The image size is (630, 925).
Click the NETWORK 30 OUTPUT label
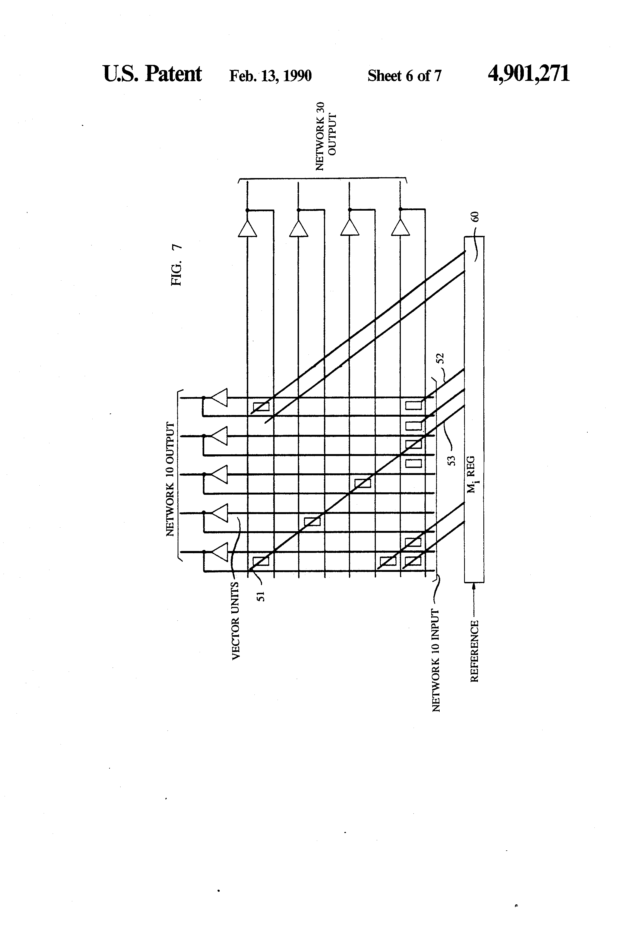point(326,136)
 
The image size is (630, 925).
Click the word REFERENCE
point(474,651)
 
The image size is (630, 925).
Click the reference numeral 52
point(440,358)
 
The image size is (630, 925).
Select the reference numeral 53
point(451,461)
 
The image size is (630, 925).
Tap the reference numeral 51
point(261,595)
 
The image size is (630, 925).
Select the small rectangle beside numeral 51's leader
point(261,561)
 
